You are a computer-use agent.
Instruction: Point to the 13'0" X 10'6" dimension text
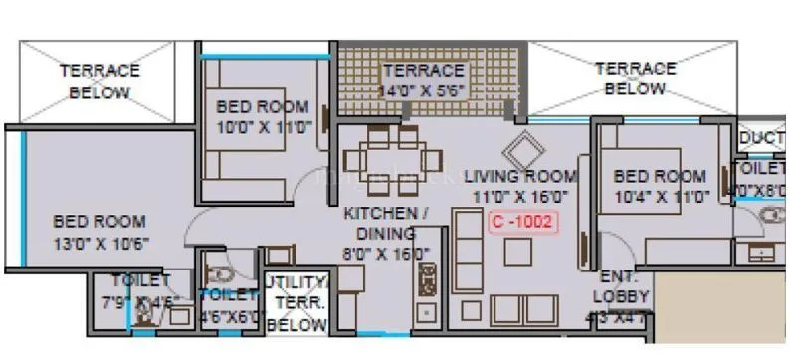[99, 241]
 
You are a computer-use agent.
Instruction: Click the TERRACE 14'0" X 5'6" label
[424, 81]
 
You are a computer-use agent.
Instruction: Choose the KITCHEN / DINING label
[386, 224]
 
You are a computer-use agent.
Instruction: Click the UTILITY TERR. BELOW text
[296, 304]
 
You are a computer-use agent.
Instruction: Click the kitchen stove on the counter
[428, 282]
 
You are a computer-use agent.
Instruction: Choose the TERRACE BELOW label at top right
[635, 79]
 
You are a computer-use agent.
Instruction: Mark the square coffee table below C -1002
[517, 253]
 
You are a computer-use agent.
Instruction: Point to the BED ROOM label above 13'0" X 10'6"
[99, 221]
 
